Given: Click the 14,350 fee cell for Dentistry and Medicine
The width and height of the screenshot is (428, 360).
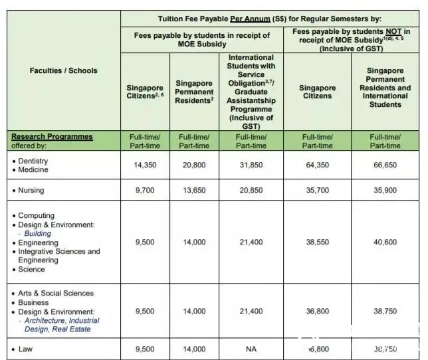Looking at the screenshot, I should [x=146, y=165].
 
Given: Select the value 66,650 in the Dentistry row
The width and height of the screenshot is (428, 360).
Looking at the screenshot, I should [x=385, y=165].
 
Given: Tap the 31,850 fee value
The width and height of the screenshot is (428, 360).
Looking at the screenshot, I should [x=251, y=165].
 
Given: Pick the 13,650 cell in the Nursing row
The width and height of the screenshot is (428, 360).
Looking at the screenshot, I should [x=194, y=191].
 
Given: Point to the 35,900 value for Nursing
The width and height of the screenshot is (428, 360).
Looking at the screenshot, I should [x=385, y=191].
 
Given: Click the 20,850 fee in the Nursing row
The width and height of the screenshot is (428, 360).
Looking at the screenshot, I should [x=251, y=191].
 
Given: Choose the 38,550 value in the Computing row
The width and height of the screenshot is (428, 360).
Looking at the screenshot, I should [x=317, y=242].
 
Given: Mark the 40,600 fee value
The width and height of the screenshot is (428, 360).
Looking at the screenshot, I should [x=385, y=242].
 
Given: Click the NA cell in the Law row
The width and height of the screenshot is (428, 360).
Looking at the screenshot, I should [x=251, y=348].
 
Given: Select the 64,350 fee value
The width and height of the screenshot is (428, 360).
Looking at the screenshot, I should [x=317, y=165].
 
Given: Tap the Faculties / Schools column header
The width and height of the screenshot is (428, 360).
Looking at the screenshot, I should [x=63, y=70].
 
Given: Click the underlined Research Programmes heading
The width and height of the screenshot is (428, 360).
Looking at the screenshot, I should [x=52, y=137].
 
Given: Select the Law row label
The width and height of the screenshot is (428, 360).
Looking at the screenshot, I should [x=25, y=348].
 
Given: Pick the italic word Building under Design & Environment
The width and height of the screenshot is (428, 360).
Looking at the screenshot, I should [x=37, y=234].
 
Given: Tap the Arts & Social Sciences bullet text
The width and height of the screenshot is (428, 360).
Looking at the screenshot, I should [x=56, y=294].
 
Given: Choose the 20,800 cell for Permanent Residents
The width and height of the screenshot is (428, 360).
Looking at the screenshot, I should [x=194, y=165].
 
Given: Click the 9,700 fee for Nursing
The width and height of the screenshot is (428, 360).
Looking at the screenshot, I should [x=146, y=191].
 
